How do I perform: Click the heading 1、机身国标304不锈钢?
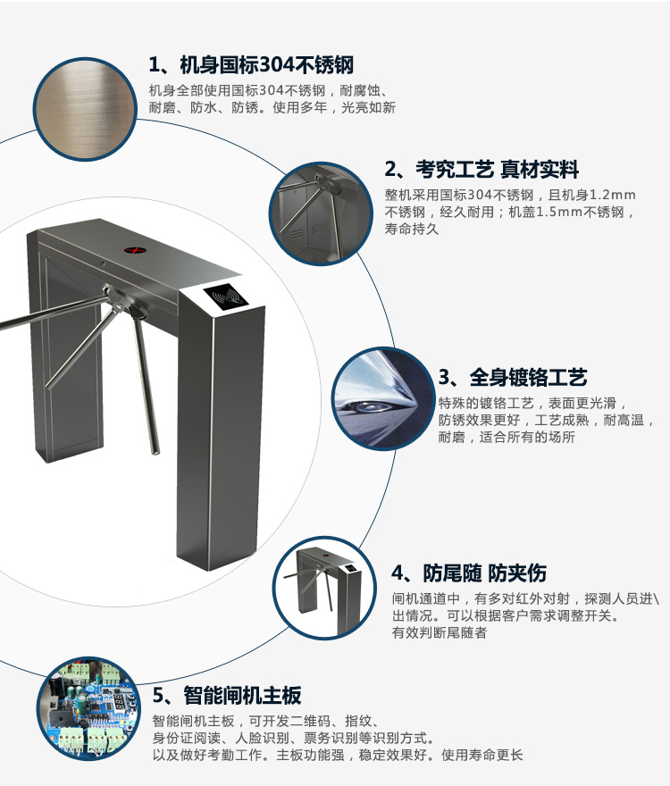point(251,65)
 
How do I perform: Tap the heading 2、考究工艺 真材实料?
point(482,170)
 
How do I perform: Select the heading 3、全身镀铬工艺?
point(513,378)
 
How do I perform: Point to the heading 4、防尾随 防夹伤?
point(469,573)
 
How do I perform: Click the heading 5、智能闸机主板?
point(227,695)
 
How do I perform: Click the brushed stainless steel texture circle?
point(85,109)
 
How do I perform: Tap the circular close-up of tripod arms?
point(321,213)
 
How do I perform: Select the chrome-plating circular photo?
point(383,398)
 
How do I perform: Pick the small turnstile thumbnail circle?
point(325,588)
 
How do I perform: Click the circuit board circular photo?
point(88,708)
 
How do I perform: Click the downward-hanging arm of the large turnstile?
point(146,382)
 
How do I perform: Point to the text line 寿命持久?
point(412,229)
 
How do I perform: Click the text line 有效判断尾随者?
point(440,632)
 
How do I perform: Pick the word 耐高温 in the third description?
point(623,420)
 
